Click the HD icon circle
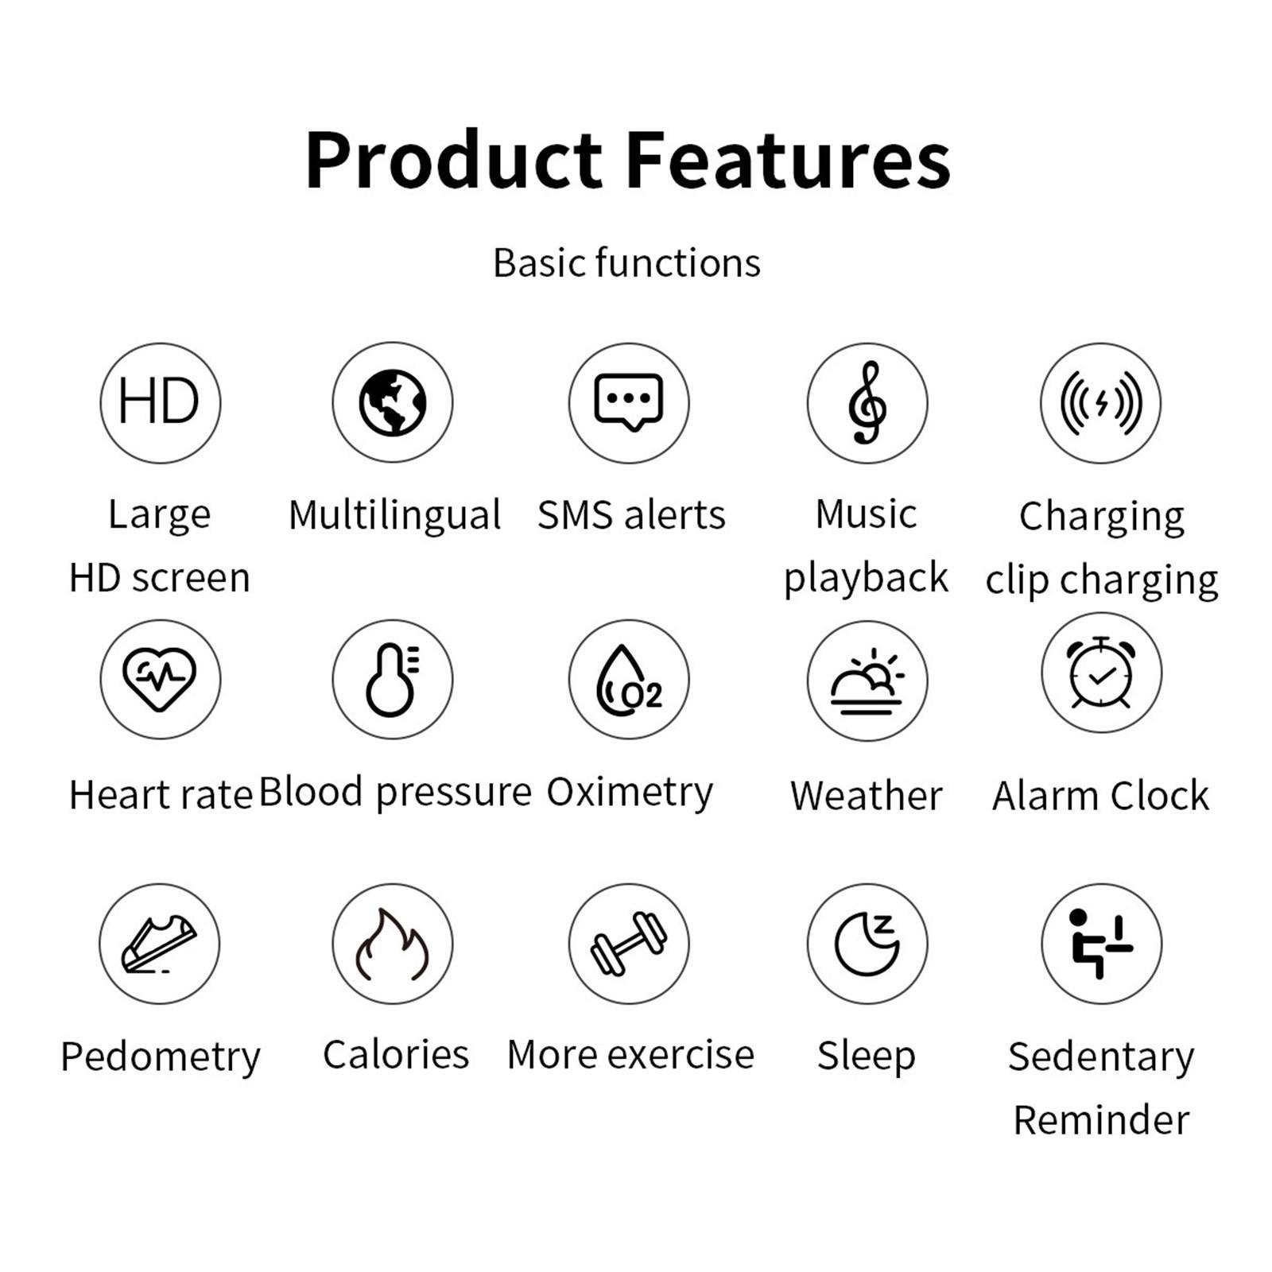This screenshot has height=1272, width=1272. tap(160, 403)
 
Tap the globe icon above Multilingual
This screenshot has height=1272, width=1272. tap(393, 403)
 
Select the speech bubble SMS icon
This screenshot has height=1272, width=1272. tap(629, 403)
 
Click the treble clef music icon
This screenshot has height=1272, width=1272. tap(867, 403)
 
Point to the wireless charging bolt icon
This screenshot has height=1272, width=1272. tap(1101, 403)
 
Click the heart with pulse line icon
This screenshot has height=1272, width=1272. tap(160, 679)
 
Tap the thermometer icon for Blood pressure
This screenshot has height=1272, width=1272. tap(393, 679)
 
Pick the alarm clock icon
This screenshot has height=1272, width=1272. tap(1101, 673)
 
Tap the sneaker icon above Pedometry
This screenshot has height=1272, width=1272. tap(160, 944)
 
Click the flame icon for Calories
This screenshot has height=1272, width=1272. tap(393, 944)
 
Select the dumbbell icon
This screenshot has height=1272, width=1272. tap(629, 944)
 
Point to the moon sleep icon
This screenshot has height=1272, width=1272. tap(867, 944)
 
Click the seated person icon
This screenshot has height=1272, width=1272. tap(1101, 944)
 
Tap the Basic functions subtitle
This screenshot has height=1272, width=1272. tap(626, 263)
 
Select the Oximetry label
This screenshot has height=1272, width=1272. tap(630, 793)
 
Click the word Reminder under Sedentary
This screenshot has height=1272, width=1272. tap(1101, 1120)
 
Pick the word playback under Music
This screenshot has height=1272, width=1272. tap(866, 578)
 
